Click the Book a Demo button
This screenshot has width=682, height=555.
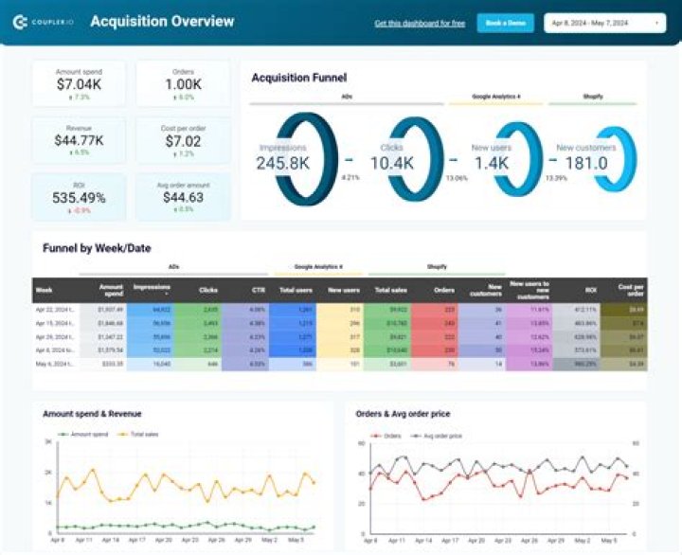tap(506, 23)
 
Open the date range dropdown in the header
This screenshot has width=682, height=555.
tap(605, 23)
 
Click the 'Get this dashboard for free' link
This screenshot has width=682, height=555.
tap(420, 23)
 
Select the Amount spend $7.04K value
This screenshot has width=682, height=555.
tap(80, 84)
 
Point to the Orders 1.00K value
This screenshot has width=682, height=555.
tap(183, 84)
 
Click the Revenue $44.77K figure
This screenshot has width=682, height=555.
tap(80, 140)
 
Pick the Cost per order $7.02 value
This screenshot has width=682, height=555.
tap(183, 140)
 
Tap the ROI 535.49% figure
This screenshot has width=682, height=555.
tap(80, 197)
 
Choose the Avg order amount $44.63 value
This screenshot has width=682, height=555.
tap(183, 197)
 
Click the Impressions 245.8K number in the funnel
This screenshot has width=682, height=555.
tap(283, 164)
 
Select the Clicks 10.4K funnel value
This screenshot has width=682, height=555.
tap(391, 164)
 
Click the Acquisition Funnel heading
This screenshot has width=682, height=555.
tap(298, 78)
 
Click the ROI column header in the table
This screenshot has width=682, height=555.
tap(590, 290)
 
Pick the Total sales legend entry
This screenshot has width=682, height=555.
tap(140, 434)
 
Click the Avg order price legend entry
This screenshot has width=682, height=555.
tap(440, 436)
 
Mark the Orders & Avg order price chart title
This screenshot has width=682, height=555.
tap(403, 414)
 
